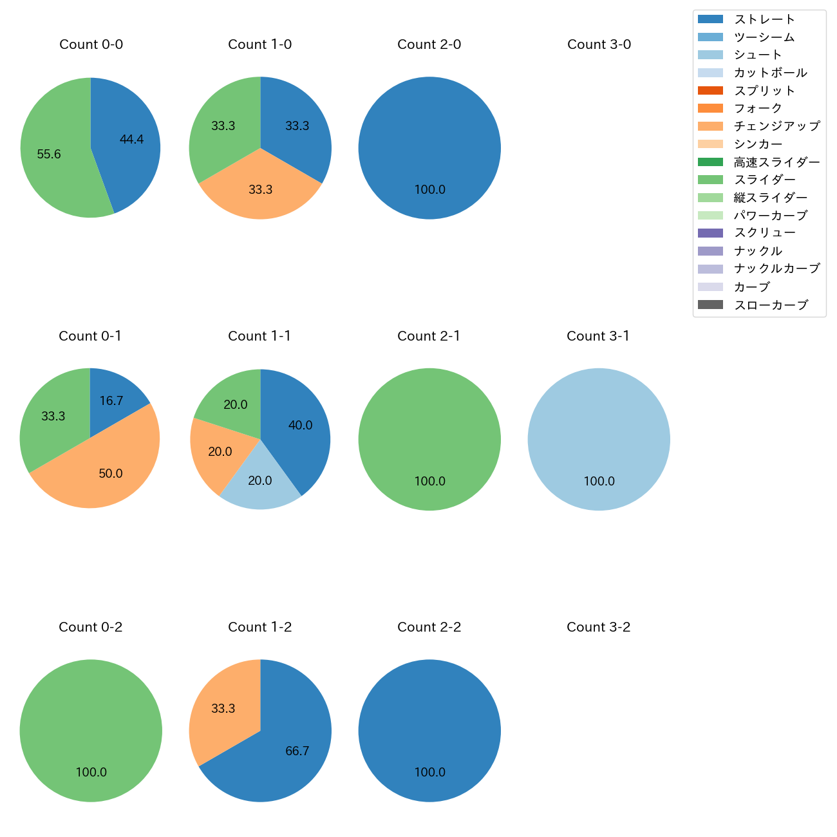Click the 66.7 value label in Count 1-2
tap(297, 751)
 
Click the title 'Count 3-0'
tap(599, 44)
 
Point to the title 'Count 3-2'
tap(598, 627)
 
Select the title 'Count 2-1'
tap(429, 336)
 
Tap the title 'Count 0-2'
tap(90, 627)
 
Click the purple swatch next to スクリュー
tap(710, 233)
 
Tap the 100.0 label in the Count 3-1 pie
tap(599, 481)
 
